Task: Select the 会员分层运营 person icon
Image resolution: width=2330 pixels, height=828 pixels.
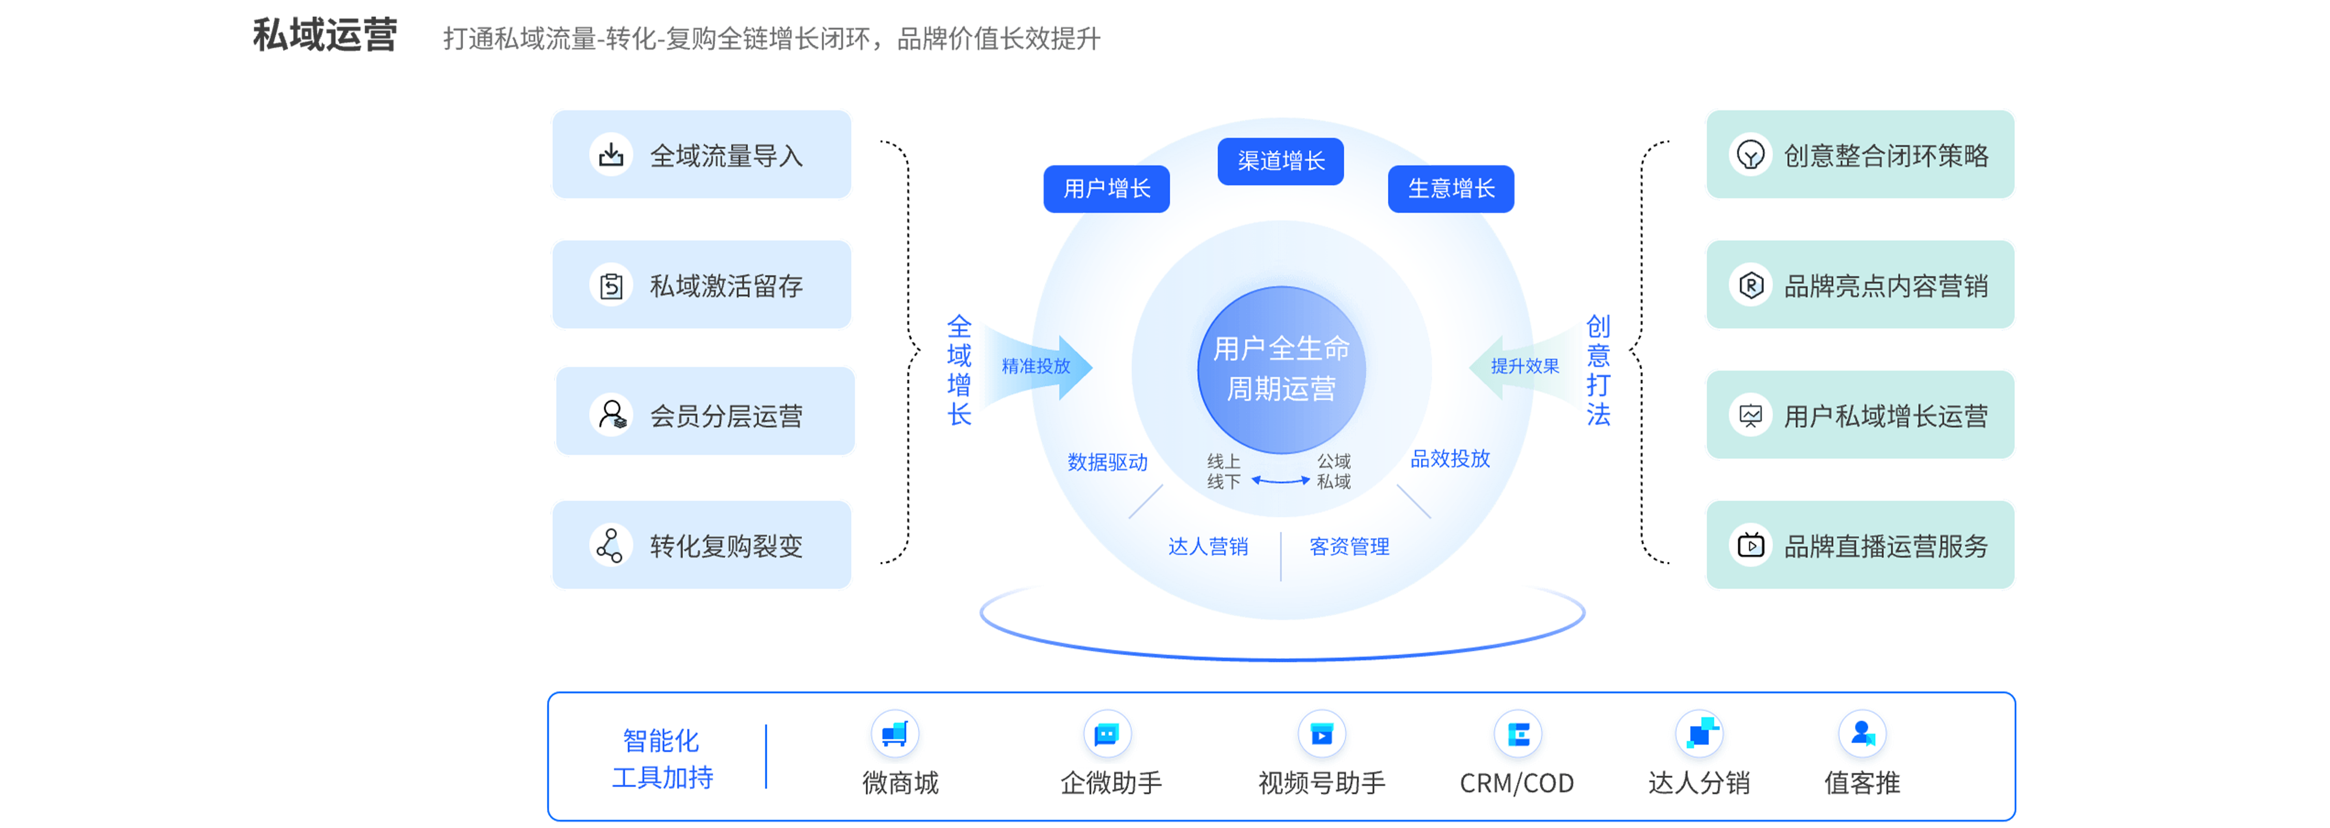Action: tap(612, 415)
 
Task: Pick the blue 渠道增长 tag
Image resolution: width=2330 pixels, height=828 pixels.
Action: tap(1280, 161)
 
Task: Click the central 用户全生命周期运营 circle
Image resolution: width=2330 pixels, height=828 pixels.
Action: tap(1281, 369)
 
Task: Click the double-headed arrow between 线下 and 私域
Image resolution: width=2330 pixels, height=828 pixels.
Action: tap(1280, 481)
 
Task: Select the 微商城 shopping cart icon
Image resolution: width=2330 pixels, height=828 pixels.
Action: tap(895, 733)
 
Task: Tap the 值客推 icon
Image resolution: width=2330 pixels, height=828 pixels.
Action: tap(1862, 733)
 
